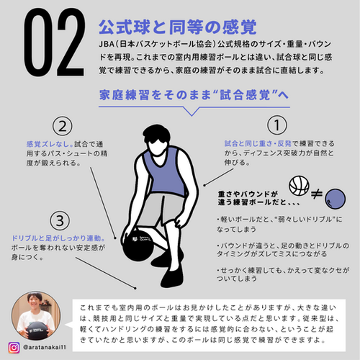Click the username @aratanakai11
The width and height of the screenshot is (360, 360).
(45, 347)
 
